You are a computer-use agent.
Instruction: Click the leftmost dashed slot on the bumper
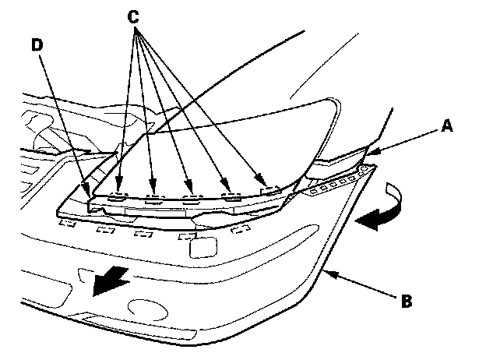pos(67,225)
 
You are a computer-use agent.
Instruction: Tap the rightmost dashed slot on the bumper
pos(242,228)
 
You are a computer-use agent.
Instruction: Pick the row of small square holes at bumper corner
pos(331,185)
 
